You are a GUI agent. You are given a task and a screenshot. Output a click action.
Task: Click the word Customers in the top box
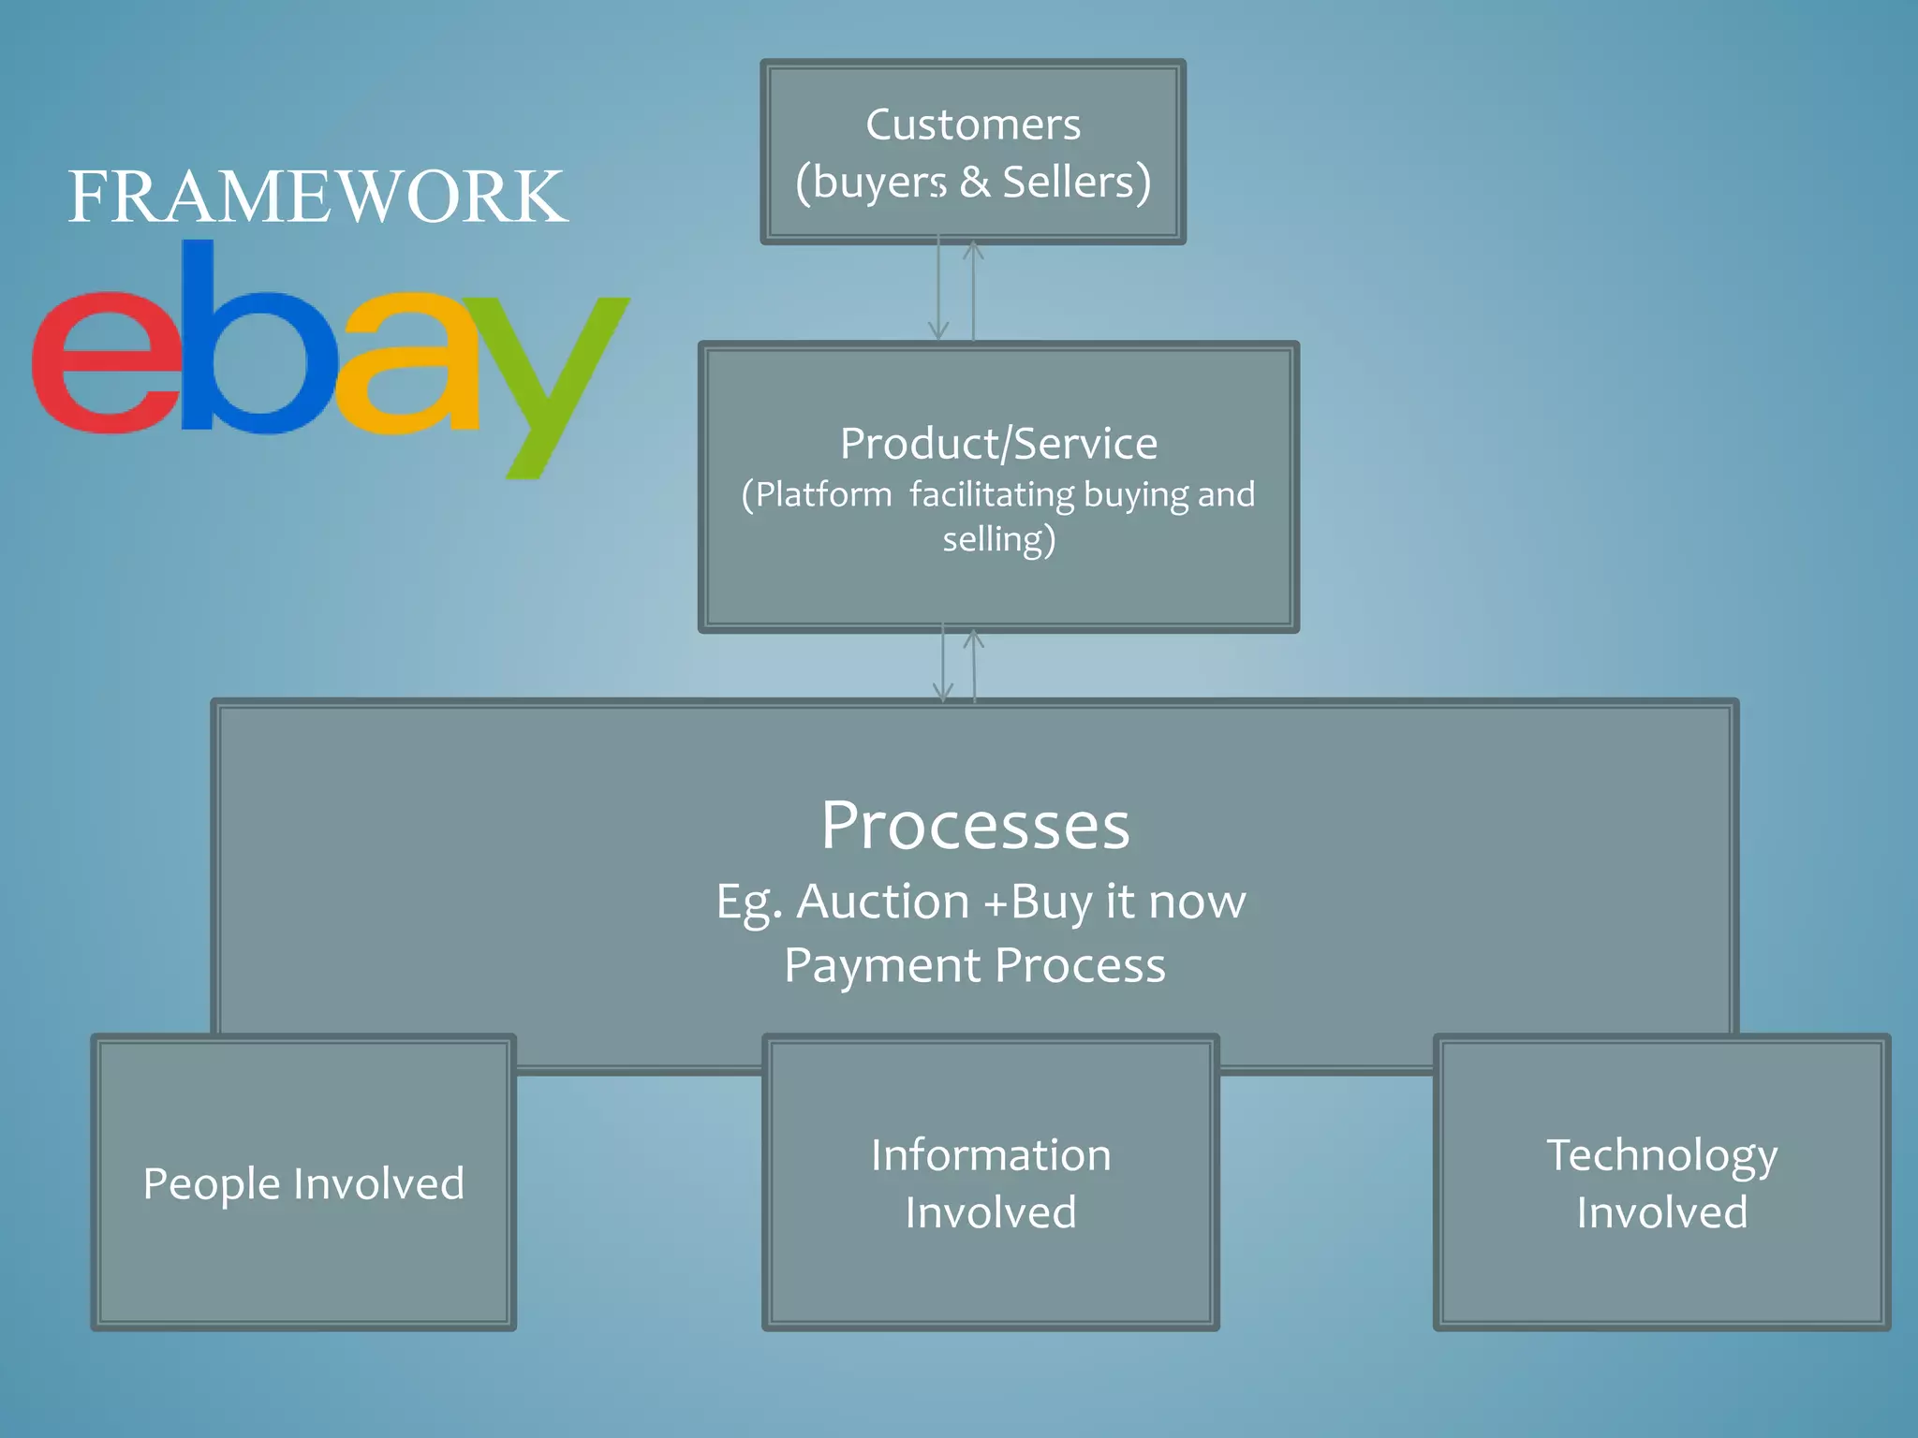(x=973, y=125)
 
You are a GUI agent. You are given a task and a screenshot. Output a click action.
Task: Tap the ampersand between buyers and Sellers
(x=975, y=182)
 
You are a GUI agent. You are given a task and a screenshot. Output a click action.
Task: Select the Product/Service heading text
(x=998, y=443)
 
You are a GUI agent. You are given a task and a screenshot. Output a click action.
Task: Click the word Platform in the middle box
(x=824, y=494)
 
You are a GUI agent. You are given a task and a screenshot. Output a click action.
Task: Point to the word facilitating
(x=992, y=494)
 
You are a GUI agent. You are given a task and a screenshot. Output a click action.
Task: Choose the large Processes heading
(x=975, y=826)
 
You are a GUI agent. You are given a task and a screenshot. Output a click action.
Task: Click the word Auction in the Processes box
(x=883, y=902)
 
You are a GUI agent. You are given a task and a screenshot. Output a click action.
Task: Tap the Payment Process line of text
(x=975, y=965)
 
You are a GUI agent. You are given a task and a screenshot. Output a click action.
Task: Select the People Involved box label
(x=303, y=1183)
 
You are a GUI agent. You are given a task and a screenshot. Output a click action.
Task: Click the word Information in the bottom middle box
(x=991, y=1155)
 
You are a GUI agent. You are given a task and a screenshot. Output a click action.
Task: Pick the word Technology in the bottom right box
(x=1661, y=1155)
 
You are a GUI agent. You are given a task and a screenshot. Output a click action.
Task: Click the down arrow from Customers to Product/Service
(x=938, y=290)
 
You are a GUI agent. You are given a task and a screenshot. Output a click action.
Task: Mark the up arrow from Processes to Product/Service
(x=974, y=665)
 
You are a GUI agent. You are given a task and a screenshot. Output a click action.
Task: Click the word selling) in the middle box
(x=998, y=540)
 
